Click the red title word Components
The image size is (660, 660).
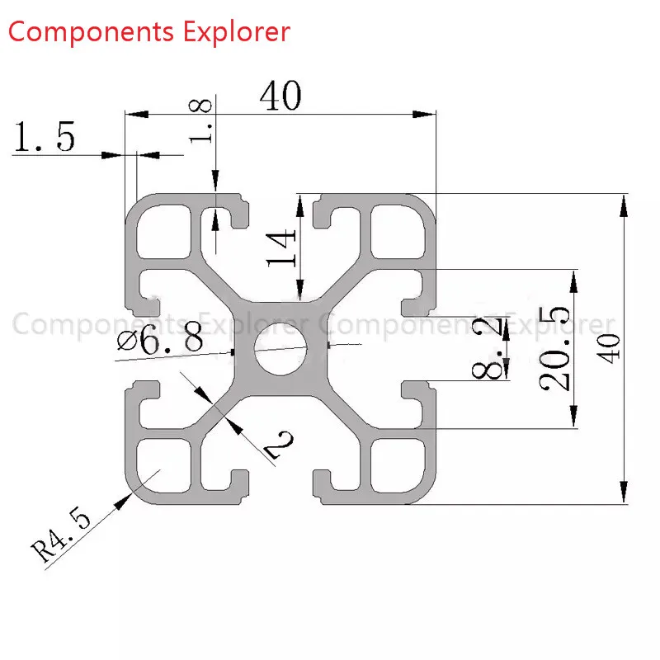[x=91, y=33]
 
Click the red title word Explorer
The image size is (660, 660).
[x=237, y=32]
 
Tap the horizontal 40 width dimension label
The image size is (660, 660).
[x=280, y=96]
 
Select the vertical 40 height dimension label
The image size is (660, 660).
[x=609, y=348]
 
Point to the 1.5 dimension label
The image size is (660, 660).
[x=45, y=136]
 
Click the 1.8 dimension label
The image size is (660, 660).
[x=200, y=121]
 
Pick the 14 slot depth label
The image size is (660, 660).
[x=281, y=248]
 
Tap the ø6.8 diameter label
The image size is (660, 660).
[x=160, y=340]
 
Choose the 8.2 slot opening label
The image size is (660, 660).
[x=488, y=348]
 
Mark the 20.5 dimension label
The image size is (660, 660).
[x=554, y=349]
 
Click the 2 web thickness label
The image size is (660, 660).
[x=279, y=445]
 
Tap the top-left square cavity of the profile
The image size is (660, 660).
[x=163, y=232]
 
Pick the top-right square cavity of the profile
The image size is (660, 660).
[x=398, y=231]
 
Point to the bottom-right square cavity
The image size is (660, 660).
[x=398, y=465]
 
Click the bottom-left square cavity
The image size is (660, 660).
[x=163, y=465]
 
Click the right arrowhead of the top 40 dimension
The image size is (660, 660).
[x=424, y=114]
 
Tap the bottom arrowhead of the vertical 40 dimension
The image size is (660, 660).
[x=624, y=492]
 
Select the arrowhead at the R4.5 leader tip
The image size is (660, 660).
[x=122, y=502]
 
